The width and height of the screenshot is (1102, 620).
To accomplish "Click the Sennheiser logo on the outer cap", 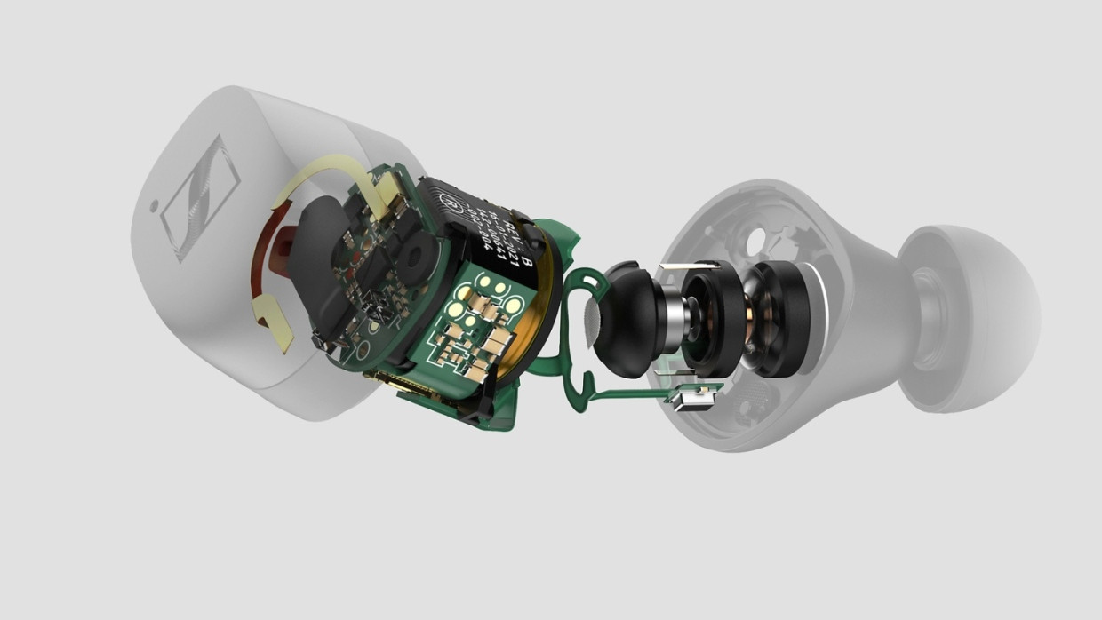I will click(x=199, y=197).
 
